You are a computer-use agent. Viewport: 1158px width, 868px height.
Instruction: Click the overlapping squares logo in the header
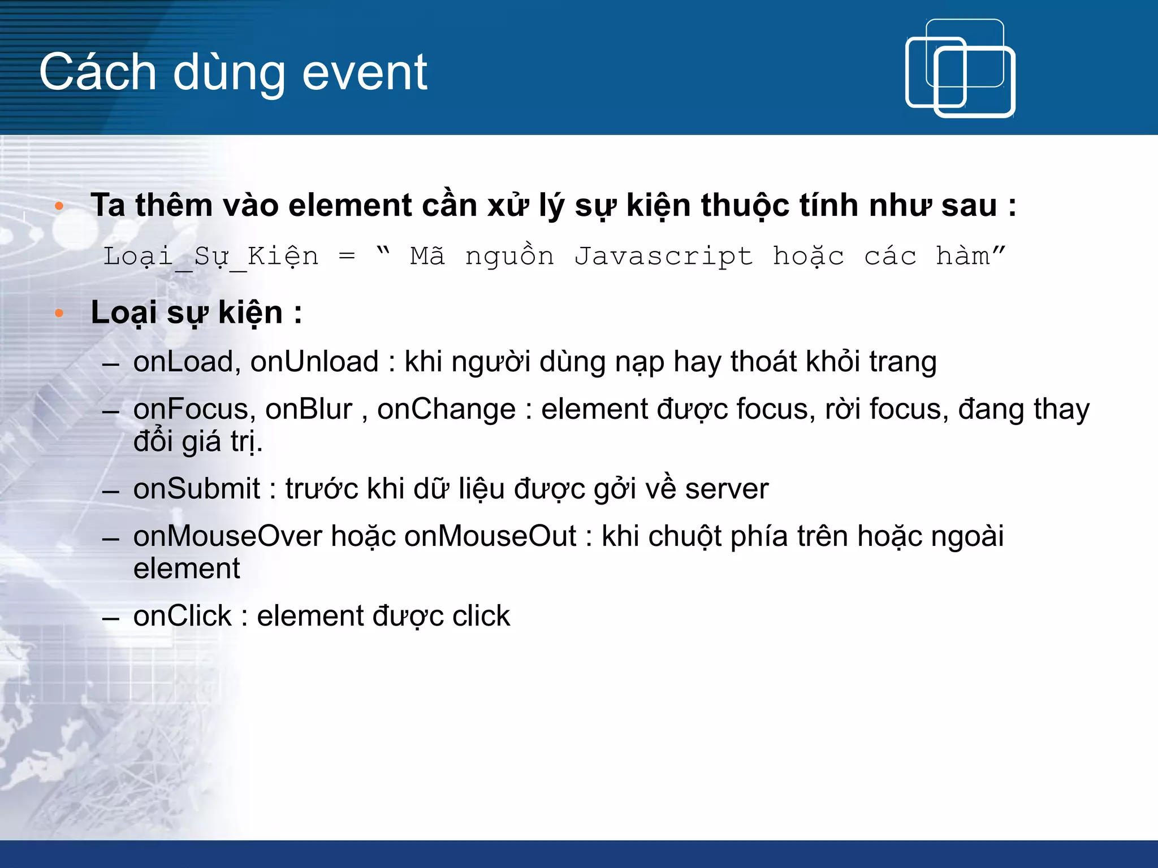point(960,69)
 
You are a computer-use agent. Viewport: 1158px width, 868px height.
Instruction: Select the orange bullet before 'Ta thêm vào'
point(59,206)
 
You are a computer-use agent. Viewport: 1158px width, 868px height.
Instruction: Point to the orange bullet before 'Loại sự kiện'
point(59,313)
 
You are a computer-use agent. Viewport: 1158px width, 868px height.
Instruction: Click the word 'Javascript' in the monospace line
point(663,257)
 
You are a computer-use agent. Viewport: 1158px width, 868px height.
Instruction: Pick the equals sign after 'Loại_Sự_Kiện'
point(347,257)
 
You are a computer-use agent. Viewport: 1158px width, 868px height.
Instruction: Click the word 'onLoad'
point(184,362)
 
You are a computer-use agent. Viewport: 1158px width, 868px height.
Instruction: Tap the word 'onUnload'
point(314,362)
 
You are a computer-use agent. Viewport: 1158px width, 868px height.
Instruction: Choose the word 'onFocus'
point(191,409)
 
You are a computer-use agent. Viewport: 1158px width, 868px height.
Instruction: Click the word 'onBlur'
point(309,409)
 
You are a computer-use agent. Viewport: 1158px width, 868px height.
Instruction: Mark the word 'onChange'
point(446,409)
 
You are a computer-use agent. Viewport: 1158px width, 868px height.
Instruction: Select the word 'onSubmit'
point(196,489)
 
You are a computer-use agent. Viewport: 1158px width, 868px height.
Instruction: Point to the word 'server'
point(727,489)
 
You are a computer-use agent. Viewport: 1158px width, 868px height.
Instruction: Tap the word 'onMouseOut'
point(490,536)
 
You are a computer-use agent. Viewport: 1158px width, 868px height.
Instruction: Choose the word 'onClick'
point(182,616)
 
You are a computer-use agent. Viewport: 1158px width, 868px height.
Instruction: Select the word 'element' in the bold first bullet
point(350,205)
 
